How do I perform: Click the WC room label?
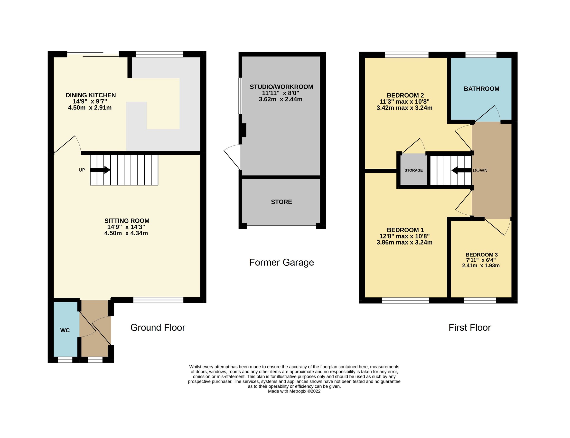click(65, 330)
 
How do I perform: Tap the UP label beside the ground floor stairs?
click(82, 170)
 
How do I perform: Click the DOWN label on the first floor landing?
click(480, 170)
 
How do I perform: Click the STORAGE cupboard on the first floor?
click(413, 170)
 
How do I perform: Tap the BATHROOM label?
click(481, 89)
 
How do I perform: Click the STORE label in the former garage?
click(281, 202)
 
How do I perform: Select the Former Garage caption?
click(281, 262)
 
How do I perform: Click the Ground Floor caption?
click(158, 328)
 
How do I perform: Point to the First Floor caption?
click(470, 328)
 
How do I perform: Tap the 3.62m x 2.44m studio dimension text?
click(280, 99)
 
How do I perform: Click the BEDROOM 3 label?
click(481, 255)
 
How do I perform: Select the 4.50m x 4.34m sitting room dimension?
click(126, 233)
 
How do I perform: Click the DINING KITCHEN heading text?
click(91, 95)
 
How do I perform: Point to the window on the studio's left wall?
click(240, 96)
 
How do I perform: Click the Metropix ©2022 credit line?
click(294, 391)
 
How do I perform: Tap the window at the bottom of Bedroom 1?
click(405, 300)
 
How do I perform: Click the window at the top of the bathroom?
click(481, 55)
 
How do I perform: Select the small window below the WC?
click(65, 360)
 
